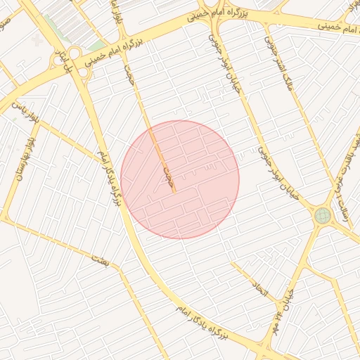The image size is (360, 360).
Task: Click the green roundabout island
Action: (x=323, y=215)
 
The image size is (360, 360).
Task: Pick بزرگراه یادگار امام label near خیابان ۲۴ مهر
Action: (x=211, y=321)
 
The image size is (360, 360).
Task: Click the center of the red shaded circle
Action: (x=180, y=179)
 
